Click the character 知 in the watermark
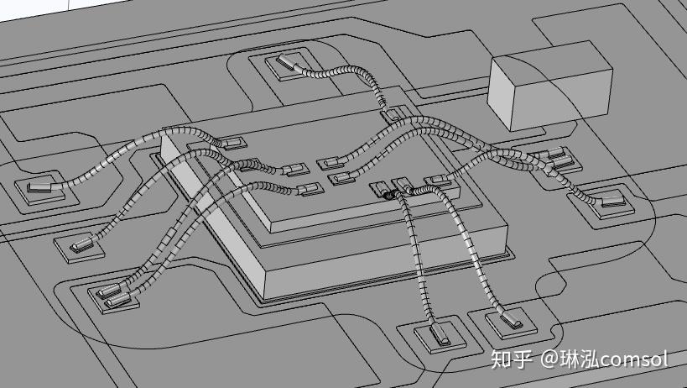pyautogui.click(x=502, y=359)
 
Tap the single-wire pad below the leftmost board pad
pyautogui.click(x=80, y=244)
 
